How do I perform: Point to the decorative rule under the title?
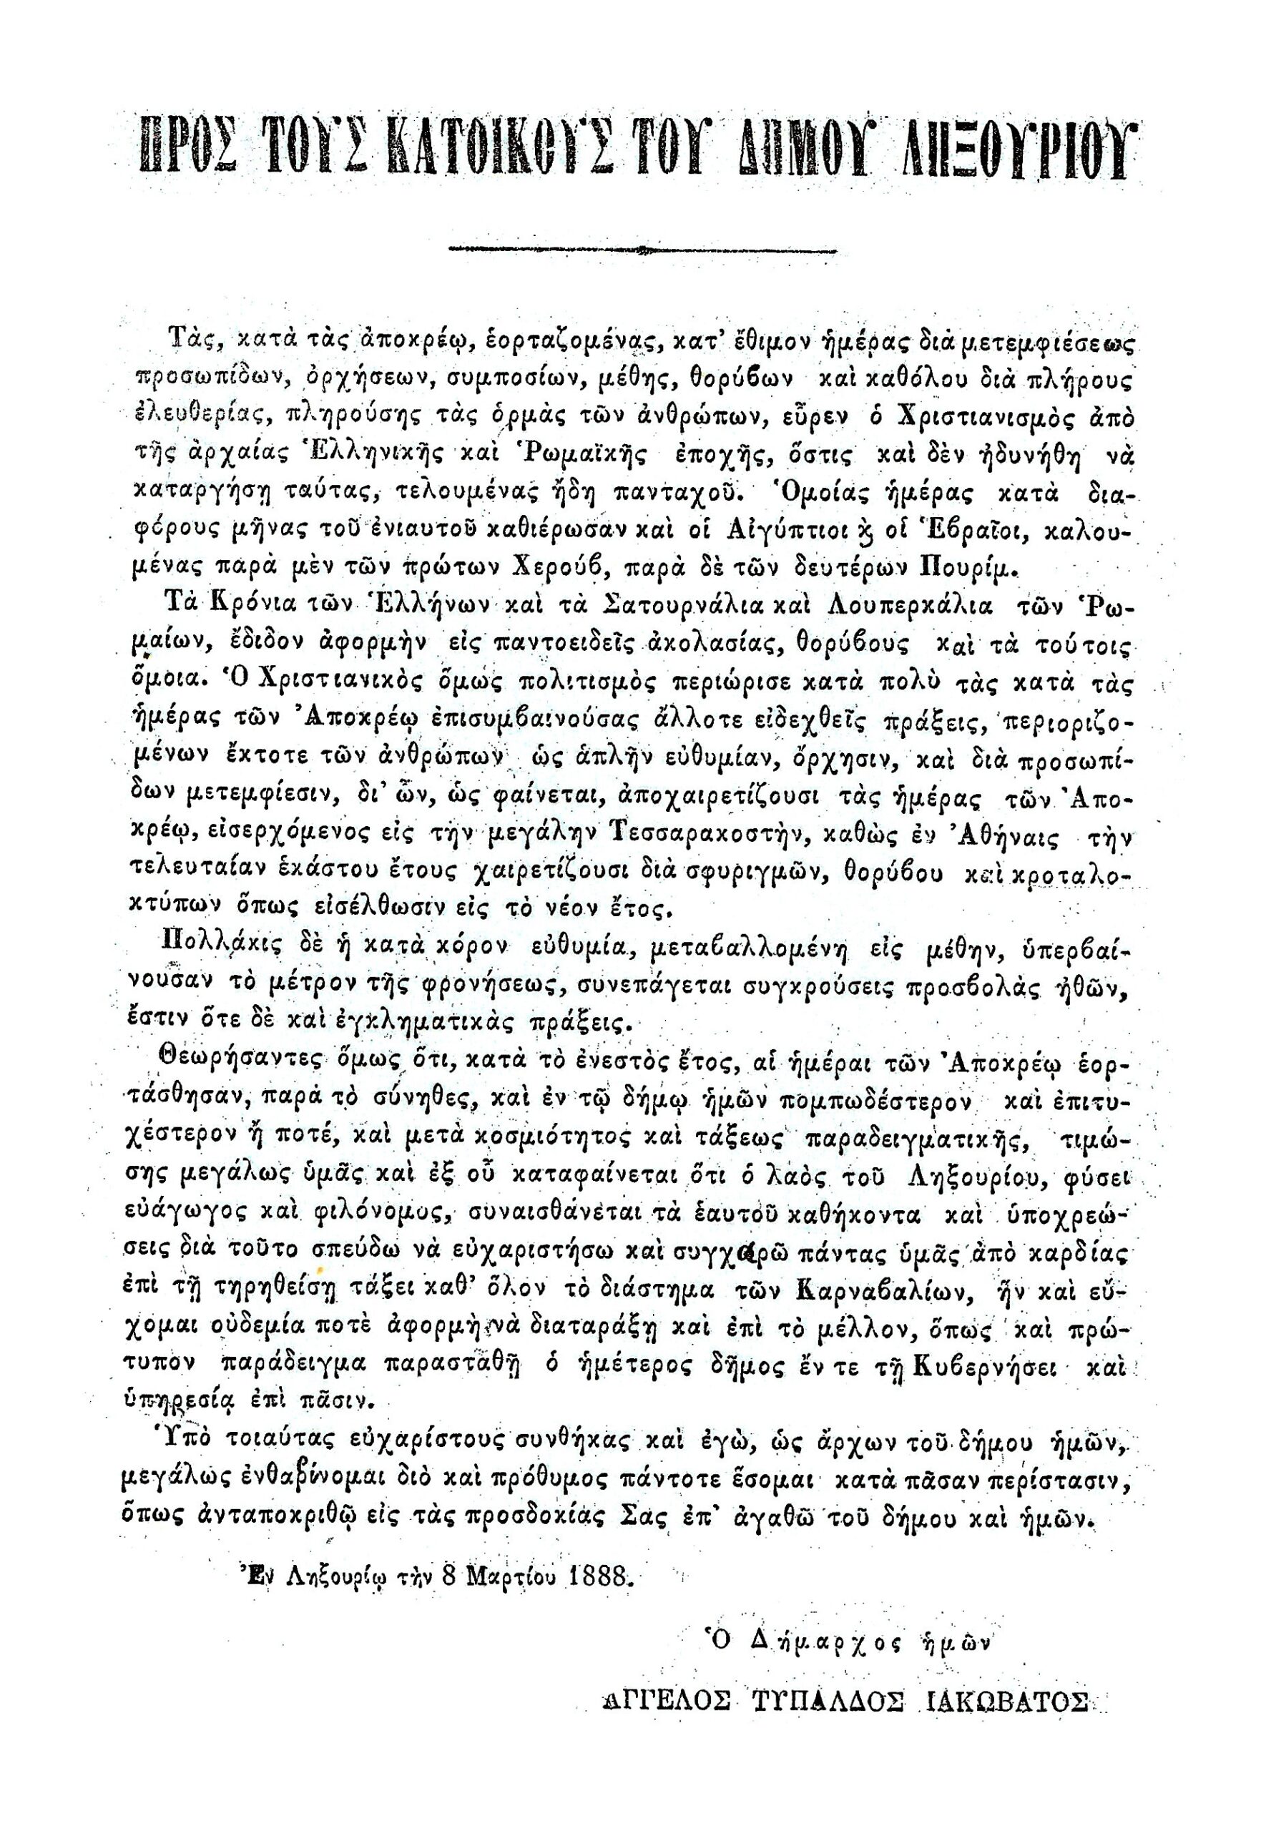pyautogui.click(x=642, y=250)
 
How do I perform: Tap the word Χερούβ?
pyautogui.click(x=578, y=570)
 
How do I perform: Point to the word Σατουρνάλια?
pyautogui.click(x=677, y=605)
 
